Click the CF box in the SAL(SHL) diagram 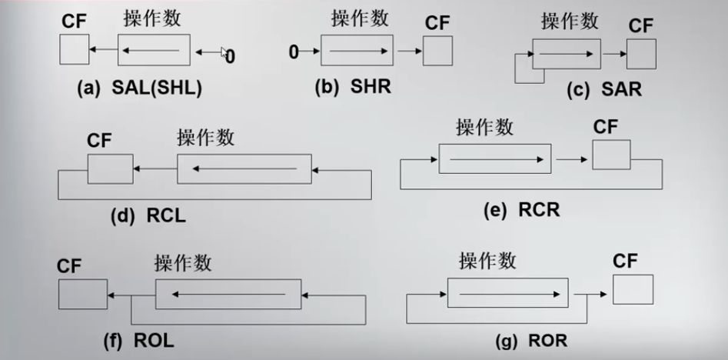point(74,51)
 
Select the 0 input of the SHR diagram point(293,52)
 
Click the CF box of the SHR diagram point(437,51)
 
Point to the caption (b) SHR point(353,86)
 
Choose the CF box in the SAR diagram point(641,55)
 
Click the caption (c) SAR point(603,90)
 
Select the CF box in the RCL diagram point(105,168)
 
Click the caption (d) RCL point(148,215)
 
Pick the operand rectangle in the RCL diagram point(244,168)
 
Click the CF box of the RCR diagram point(611,155)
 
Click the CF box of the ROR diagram point(633,289)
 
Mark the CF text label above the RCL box point(100,141)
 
